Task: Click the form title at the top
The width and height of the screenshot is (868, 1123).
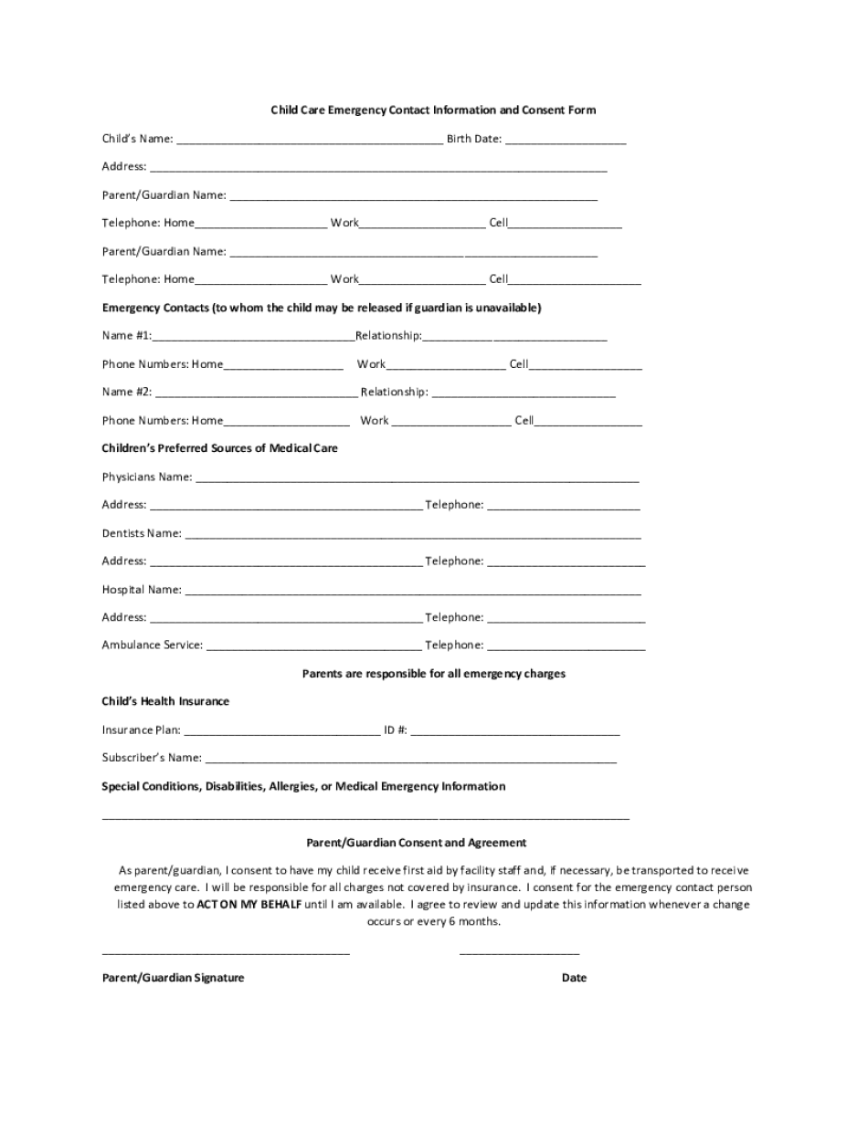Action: pos(433,110)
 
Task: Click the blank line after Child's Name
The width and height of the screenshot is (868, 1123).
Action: pos(309,141)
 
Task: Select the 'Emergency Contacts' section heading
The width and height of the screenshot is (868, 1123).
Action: pos(322,308)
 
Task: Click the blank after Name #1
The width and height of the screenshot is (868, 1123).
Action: pos(253,337)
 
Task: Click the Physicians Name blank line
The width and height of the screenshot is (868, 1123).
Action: pos(417,478)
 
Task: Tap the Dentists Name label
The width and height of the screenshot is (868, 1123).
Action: pos(142,533)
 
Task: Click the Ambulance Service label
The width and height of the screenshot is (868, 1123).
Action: pos(153,645)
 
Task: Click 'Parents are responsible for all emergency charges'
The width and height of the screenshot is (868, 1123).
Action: pos(434,674)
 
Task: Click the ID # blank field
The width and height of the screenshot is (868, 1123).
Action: pos(515,731)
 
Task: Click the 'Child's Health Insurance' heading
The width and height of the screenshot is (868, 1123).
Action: pos(165,702)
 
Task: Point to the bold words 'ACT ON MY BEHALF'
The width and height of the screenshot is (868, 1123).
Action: pos(249,905)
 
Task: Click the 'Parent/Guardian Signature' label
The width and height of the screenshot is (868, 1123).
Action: pos(174,978)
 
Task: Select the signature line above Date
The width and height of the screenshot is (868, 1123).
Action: pos(519,952)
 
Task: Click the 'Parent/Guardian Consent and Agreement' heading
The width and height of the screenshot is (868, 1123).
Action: pos(417,843)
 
